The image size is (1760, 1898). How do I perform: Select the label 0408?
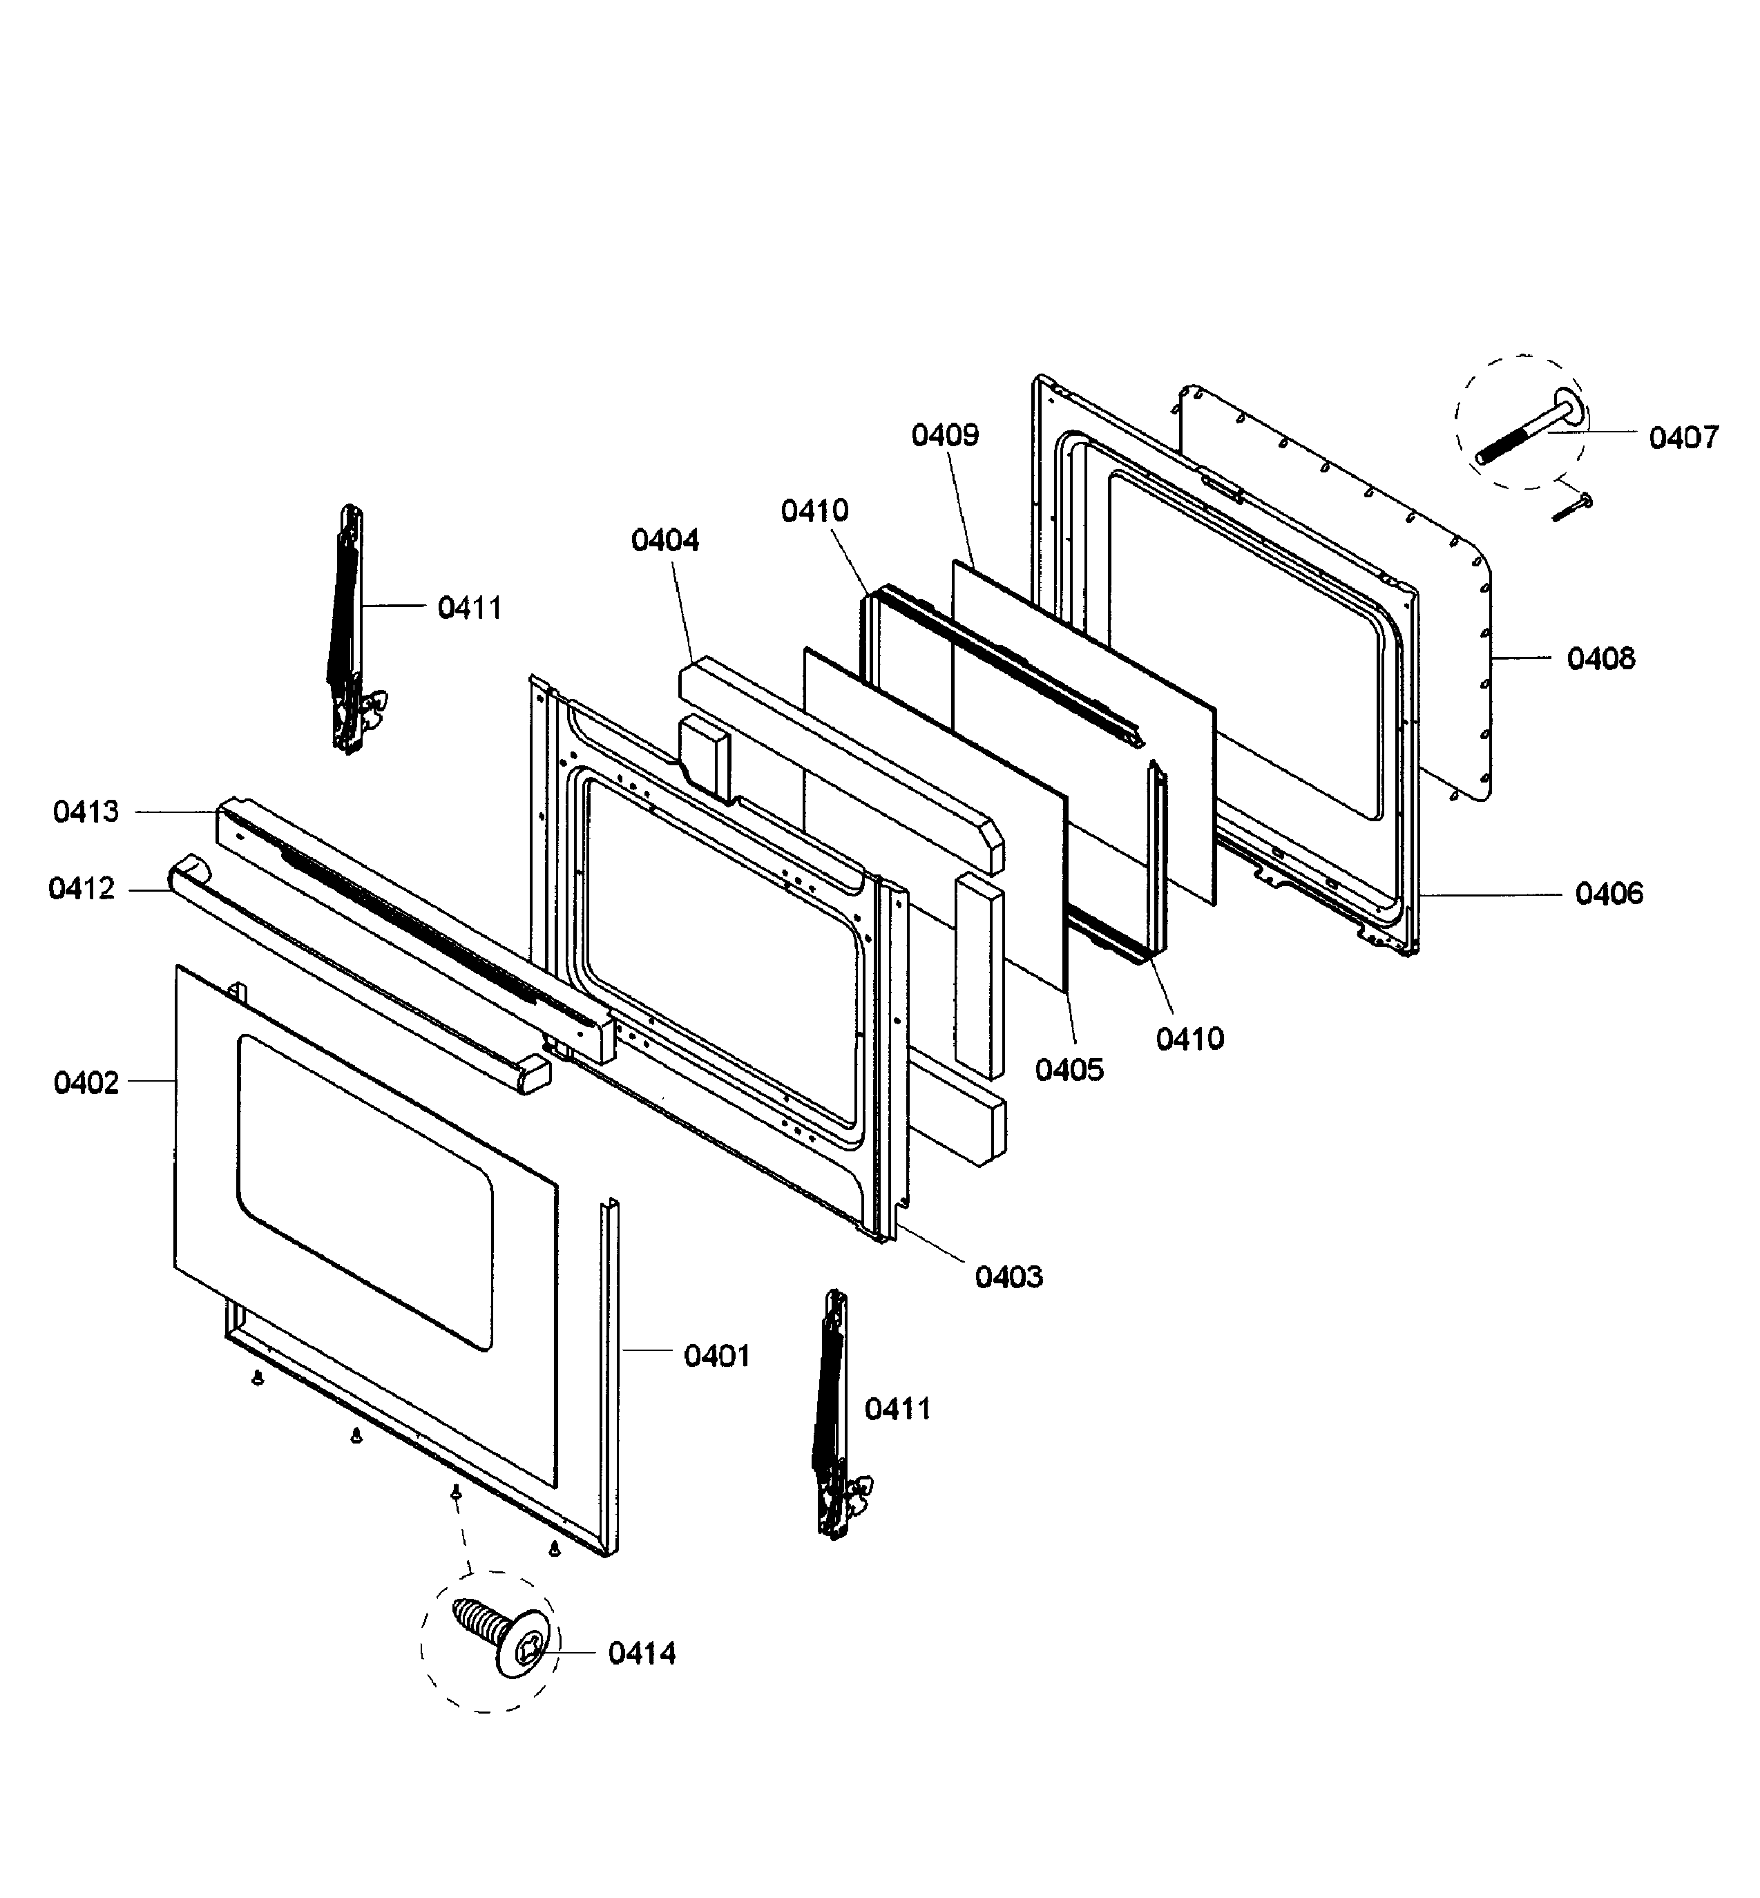click(x=1601, y=658)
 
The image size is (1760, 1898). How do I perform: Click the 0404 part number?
click(x=664, y=541)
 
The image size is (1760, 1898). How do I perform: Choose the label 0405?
click(x=1069, y=1071)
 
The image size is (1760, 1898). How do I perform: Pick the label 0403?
click(x=1008, y=1277)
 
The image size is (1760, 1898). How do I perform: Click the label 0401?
click(x=717, y=1356)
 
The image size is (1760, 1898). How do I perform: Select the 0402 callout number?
click(x=86, y=1083)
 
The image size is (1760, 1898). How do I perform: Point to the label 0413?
click(x=86, y=812)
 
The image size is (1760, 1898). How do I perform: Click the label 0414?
click(x=642, y=1653)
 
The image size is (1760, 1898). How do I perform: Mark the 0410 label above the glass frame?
click(x=814, y=511)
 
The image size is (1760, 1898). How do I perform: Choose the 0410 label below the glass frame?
click(x=1189, y=1039)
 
